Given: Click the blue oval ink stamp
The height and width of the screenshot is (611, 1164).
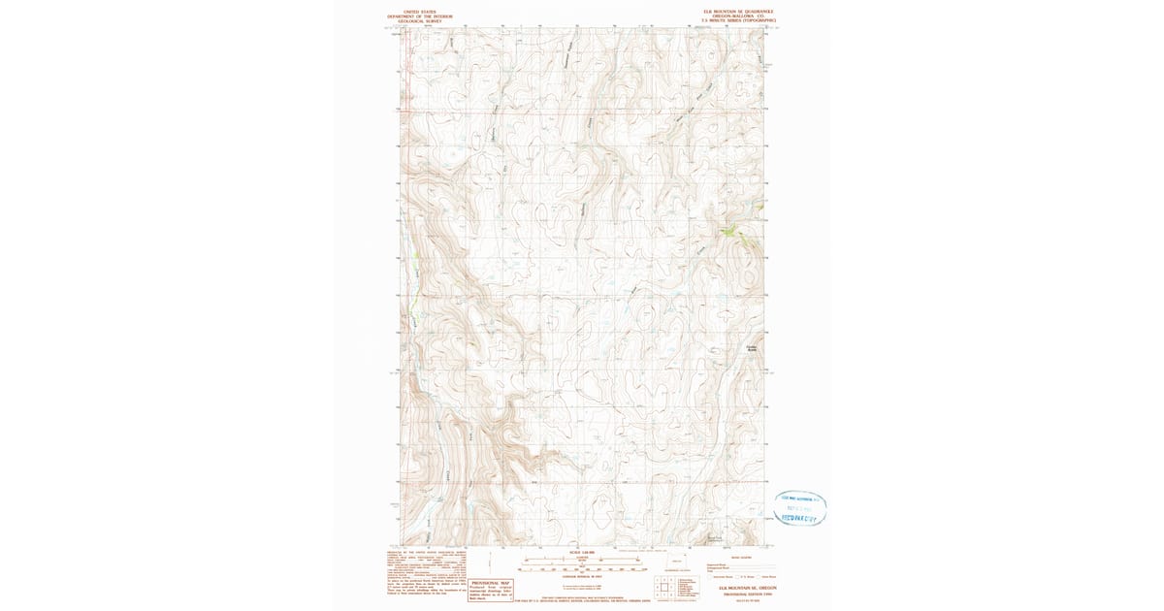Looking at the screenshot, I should (800, 507).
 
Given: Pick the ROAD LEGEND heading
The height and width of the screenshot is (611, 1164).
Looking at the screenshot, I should (741, 558).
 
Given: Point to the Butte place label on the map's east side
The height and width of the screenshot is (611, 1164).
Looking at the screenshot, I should (750, 348).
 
